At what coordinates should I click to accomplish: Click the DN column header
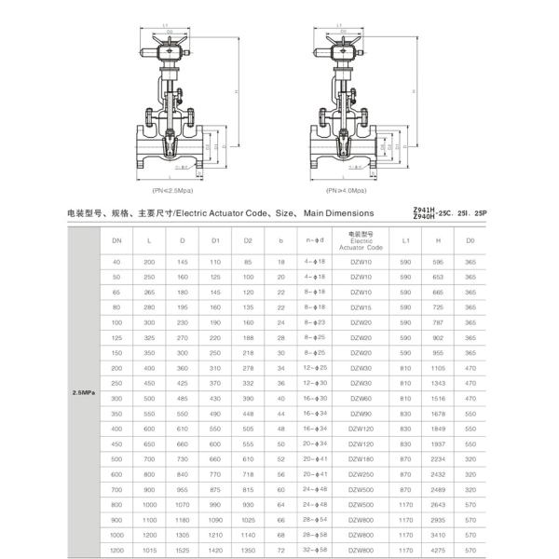click(116, 241)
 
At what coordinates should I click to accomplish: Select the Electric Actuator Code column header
click(361, 241)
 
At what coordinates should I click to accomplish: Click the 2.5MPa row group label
click(85, 393)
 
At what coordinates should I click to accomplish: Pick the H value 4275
click(438, 552)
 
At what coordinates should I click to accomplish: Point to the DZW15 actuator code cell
click(361, 307)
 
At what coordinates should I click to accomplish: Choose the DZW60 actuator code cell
click(361, 398)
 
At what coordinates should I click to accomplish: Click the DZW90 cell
click(361, 413)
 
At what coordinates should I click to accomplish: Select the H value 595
click(438, 264)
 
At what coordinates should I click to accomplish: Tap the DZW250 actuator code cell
click(361, 474)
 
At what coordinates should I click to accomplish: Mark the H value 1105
click(438, 368)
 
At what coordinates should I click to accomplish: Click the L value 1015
click(149, 552)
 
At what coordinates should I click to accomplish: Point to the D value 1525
click(183, 552)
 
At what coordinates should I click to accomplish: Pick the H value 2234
click(438, 459)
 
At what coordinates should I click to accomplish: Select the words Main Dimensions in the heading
click(339, 213)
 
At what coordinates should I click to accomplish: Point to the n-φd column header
click(315, 241)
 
